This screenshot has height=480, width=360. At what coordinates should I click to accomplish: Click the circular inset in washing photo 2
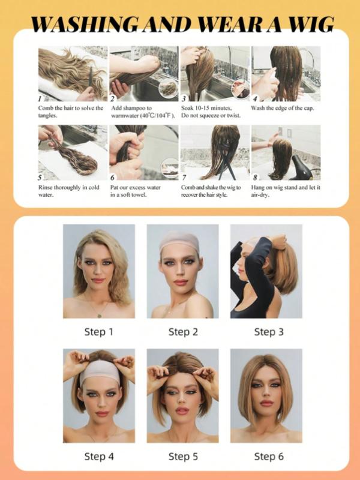coord(168,88)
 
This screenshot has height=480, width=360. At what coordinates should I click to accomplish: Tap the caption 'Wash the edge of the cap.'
coord(286,108)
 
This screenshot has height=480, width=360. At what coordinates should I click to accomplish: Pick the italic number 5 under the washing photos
coord(41,178)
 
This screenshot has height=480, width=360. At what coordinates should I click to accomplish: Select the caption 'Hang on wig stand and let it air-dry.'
coord(286,191)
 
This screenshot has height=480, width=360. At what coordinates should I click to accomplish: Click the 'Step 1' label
coord(98,332)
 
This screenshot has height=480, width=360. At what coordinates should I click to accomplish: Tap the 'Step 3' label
coord(265,332)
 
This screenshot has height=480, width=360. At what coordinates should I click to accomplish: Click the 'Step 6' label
coord(265,457)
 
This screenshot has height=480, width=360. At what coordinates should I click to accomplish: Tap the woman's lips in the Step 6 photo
coord(265,403)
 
